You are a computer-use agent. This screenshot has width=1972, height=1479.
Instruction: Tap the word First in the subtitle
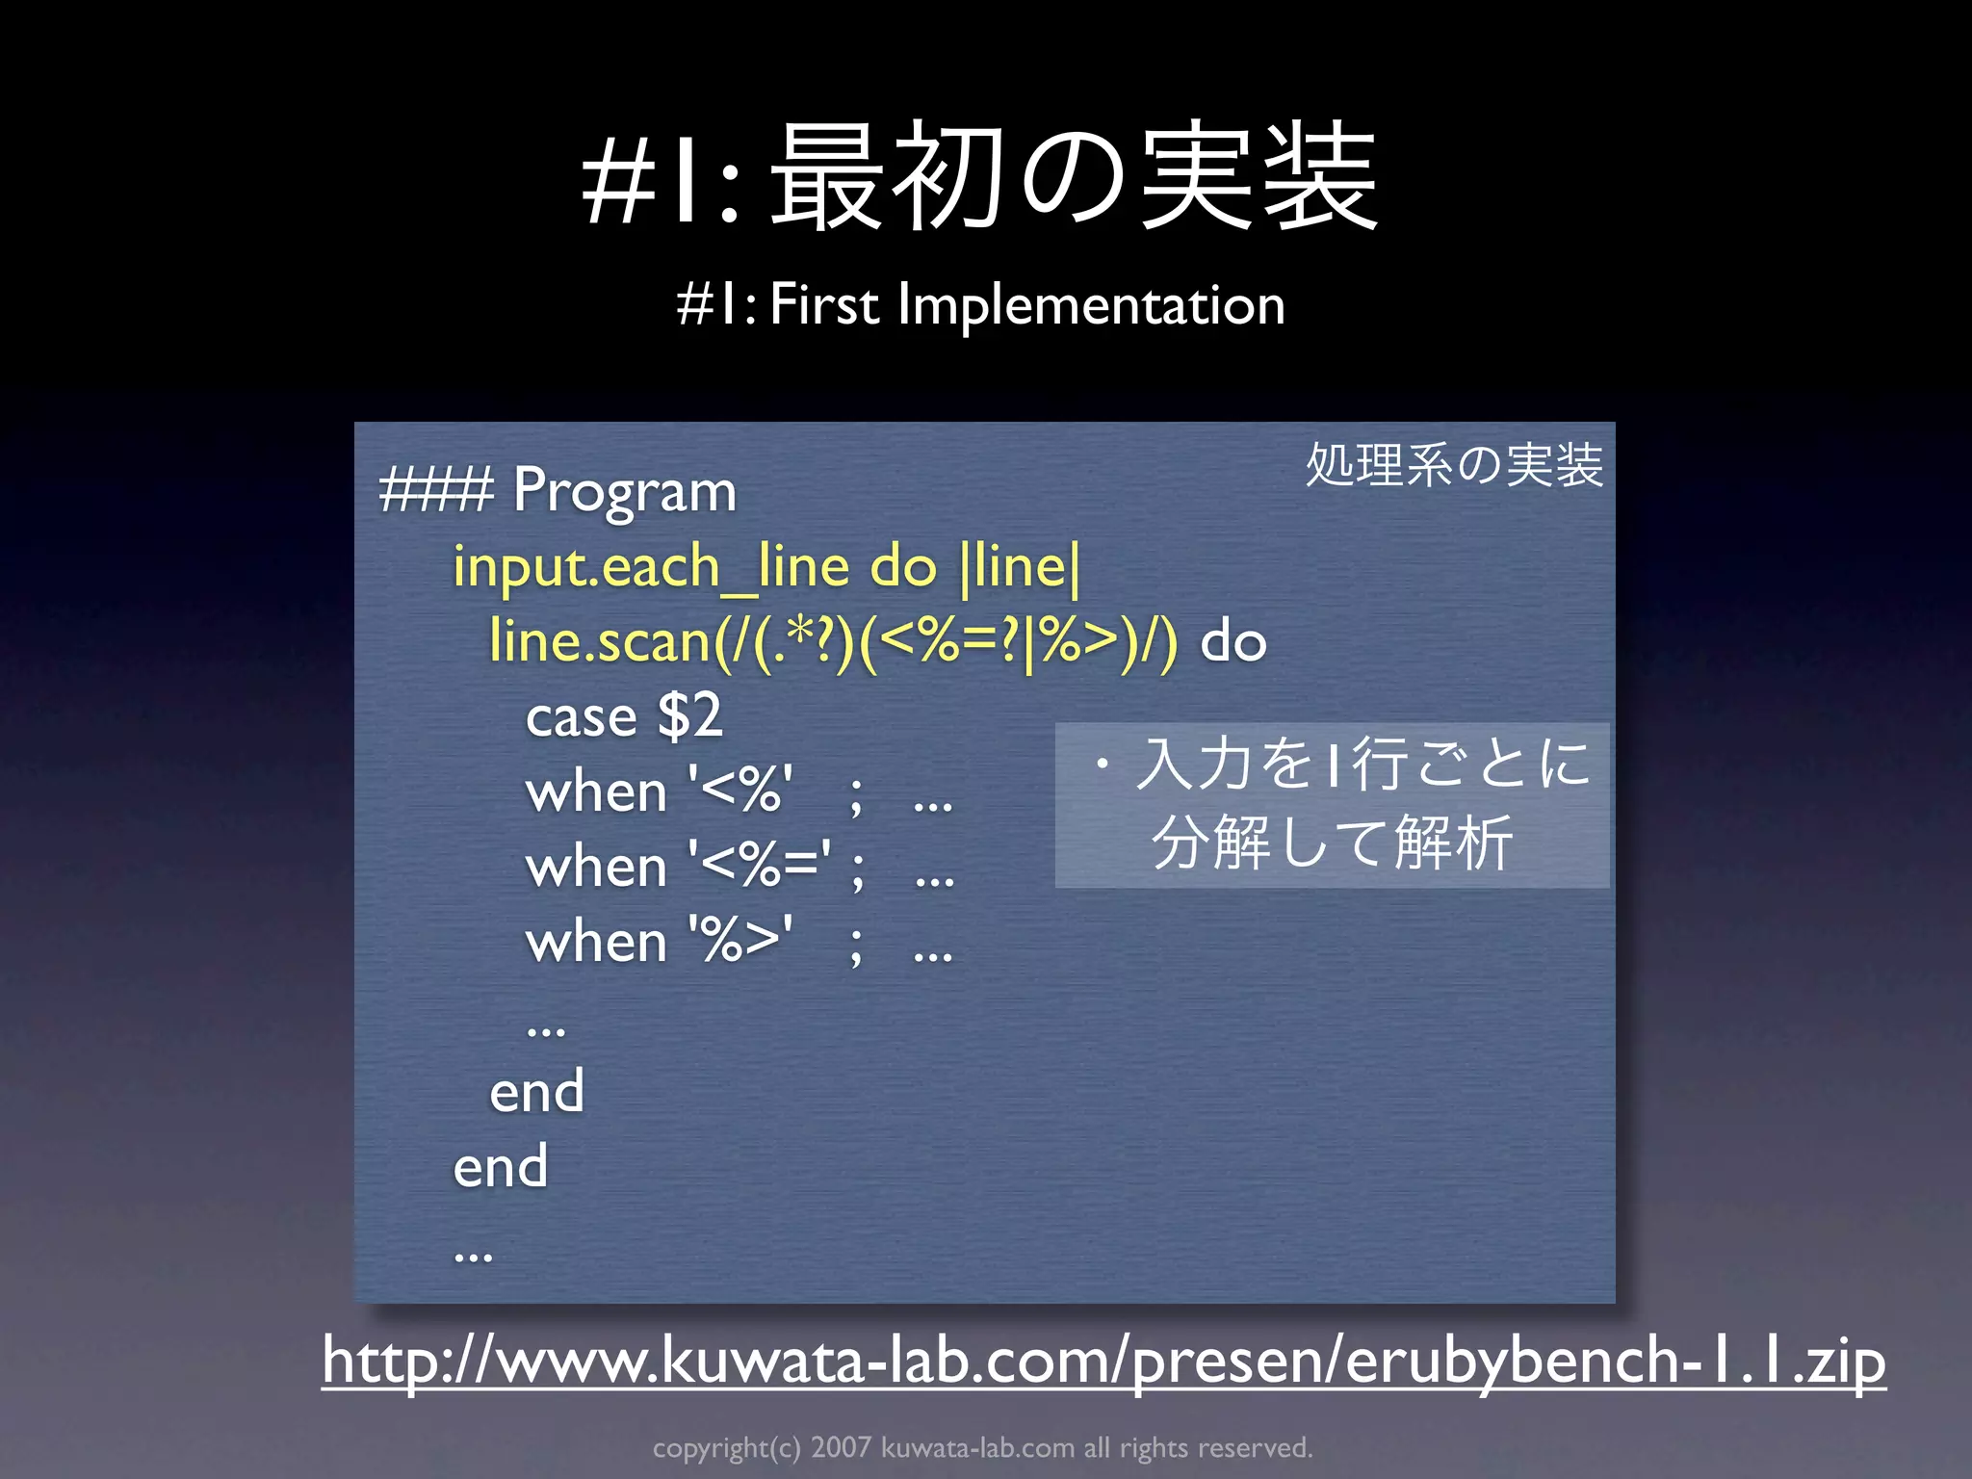click(x=824, y=305)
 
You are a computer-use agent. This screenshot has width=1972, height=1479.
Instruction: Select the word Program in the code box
click(x=624, y=491)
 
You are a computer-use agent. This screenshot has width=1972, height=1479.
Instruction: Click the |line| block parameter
click(x=1021, y=567)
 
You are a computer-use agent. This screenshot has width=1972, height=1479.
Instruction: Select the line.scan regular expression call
click(x=833, y=642)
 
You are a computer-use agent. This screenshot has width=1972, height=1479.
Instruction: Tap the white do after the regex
click(x=1232, y=642)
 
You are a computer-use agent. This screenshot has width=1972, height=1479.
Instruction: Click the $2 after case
click(x=689, y=716)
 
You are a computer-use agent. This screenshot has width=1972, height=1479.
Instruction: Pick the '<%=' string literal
click(x=760, y=866)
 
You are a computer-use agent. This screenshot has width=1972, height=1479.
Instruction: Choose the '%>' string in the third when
click(x=740, y=941)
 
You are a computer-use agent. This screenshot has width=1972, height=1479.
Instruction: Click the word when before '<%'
click(x=596, y=792)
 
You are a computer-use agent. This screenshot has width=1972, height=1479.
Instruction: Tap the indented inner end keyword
click(x=536, y=1091)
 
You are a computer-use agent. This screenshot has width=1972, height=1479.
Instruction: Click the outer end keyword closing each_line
click(x=501, y=1166)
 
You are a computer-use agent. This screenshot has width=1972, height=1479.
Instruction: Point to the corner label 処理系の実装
click(x=1454, y=465)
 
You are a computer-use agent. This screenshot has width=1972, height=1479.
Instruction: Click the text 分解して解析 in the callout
click(x=1332, y=843)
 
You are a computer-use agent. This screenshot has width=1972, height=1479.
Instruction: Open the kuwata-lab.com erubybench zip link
click(x=1103, y=1360)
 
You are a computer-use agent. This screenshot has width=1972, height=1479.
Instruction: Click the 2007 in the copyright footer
click(x=841, y=1447)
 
